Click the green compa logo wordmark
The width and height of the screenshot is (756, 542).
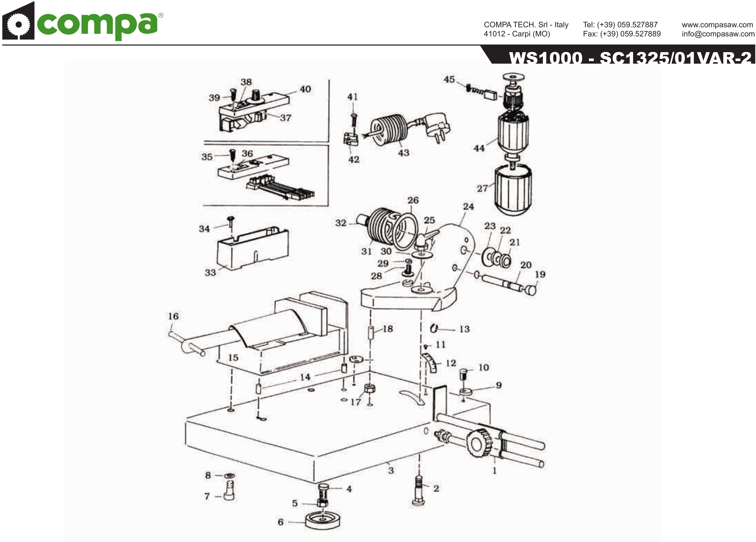click(x=97, y=25)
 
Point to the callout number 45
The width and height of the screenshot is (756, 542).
click(x=449, y=79)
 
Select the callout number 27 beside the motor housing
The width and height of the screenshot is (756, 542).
click(x=482, y=189)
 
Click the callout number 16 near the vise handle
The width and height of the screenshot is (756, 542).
click(x=173, y=316)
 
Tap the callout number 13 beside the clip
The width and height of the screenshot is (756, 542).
click(x=464, y=329)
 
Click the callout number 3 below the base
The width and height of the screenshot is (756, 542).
click(x=391, y=470)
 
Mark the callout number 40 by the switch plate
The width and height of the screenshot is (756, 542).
click(x=305, y=89)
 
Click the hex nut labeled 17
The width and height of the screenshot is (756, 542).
click(x=369, y=388)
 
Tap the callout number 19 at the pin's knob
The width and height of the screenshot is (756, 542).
click(x=540, y=274)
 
